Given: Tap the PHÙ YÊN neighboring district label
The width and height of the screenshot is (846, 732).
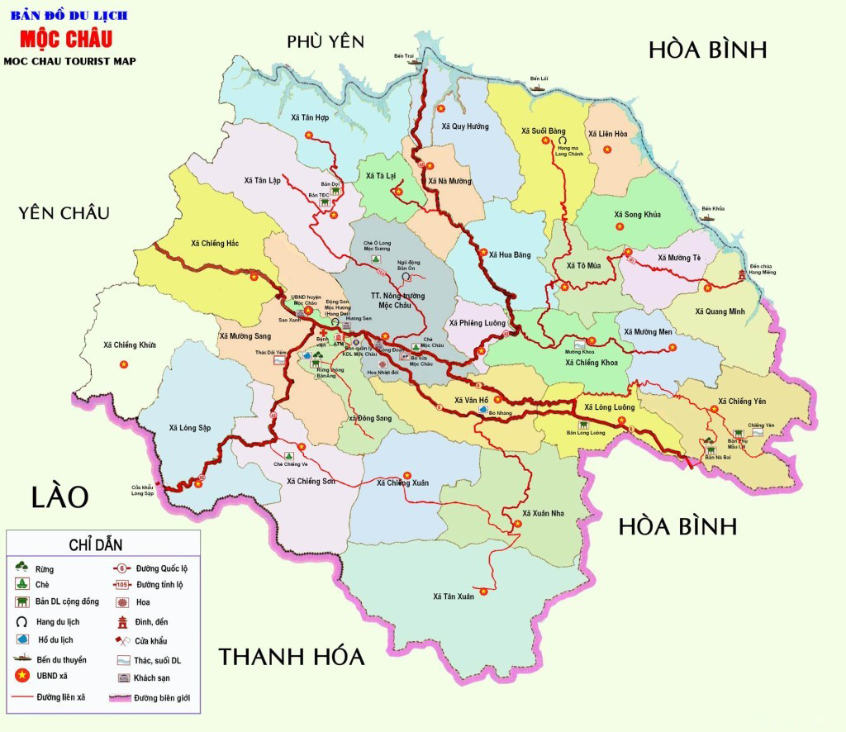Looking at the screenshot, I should (x=325, y=42).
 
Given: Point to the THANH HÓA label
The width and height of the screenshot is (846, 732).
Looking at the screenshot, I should (x=291, y=657).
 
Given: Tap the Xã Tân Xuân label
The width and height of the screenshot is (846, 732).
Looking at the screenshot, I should (x=454, y=597).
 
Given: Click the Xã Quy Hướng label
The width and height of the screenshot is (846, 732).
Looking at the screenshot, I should (x=465, y=126).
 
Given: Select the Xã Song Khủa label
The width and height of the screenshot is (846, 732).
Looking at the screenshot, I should (x=638, y=214).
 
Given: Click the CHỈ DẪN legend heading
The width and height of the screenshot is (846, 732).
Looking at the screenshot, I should (x=103, y=544).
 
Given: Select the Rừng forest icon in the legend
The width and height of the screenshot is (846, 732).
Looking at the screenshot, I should (x=22, y=567).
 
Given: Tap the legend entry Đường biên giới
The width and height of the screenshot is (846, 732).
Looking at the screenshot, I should (x=161, y=697).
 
